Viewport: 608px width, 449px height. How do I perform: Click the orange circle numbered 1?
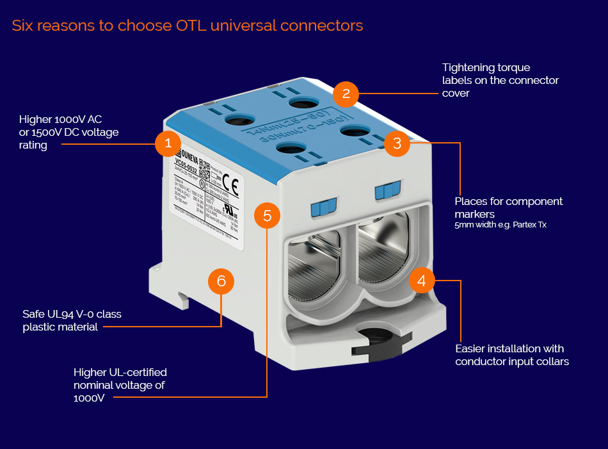point(168,143)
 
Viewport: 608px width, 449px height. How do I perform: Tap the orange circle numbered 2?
point(346,94)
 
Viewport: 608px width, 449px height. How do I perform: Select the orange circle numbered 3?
point(397,143)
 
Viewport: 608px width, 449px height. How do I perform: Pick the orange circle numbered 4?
point(421,280)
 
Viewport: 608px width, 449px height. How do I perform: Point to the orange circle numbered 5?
point(267,215)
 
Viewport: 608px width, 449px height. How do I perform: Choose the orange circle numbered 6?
point(221,281)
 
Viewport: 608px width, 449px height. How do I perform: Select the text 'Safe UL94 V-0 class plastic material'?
point(72,320)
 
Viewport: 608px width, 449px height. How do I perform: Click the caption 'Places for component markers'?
point(509,207)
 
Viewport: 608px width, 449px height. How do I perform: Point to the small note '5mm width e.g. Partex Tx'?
point(495,225)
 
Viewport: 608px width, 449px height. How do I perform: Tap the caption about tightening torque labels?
point(500,80)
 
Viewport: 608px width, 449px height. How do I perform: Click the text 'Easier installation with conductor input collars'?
point(512,355)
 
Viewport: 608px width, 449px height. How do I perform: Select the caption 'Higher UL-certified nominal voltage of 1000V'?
point(120,384)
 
